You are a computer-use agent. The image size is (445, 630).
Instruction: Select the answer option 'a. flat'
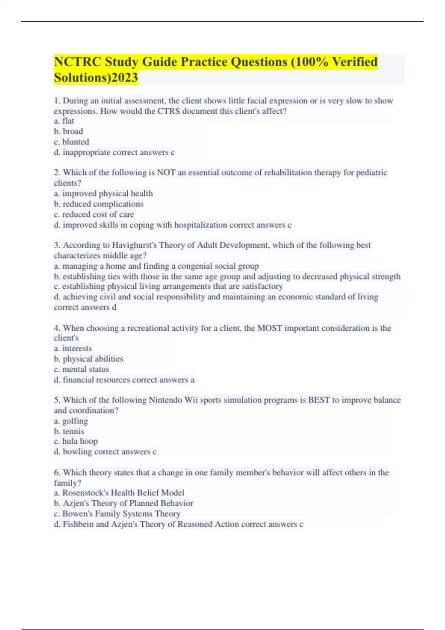tap(64, 121)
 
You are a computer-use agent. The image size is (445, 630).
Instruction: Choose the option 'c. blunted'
tap(72, 142)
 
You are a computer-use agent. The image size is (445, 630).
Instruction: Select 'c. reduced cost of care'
tap(94, 214)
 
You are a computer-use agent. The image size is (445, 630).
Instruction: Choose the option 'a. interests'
tap(73, 348)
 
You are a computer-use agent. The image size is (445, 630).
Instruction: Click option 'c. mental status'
tap(82, 369)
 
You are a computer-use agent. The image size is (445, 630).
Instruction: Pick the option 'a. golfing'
tap(71, 421)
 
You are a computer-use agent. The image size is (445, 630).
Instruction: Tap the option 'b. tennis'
tap(69, 431)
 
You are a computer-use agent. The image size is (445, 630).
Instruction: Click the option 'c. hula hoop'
tap(76, 441)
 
